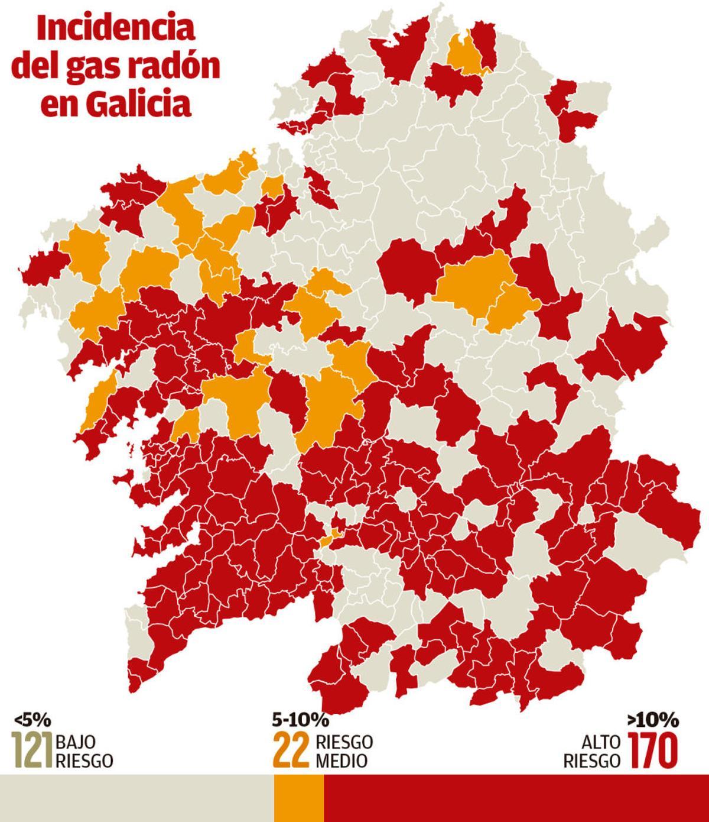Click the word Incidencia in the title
[x=116, y=30]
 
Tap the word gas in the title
[x=105, y=67]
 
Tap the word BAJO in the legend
[x=76, y=742]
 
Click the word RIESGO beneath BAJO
[x=84, y=760]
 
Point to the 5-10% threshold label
[x=300, y=720]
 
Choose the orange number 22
[x=291, y=750]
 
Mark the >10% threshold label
[x=653, y=720]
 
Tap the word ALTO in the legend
[x=602, y=742]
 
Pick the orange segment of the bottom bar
[x=299, y=798]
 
